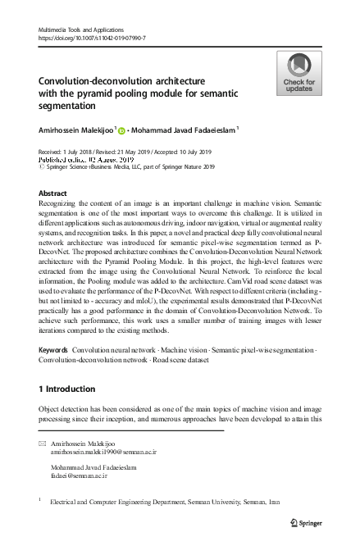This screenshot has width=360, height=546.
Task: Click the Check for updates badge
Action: click(x=299, y=73)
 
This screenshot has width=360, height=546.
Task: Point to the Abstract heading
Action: click(x=54, y=193)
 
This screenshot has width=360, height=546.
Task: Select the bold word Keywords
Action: click(x=53, y=350)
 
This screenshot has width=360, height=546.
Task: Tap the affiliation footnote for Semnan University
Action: click(x=164, y=501)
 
